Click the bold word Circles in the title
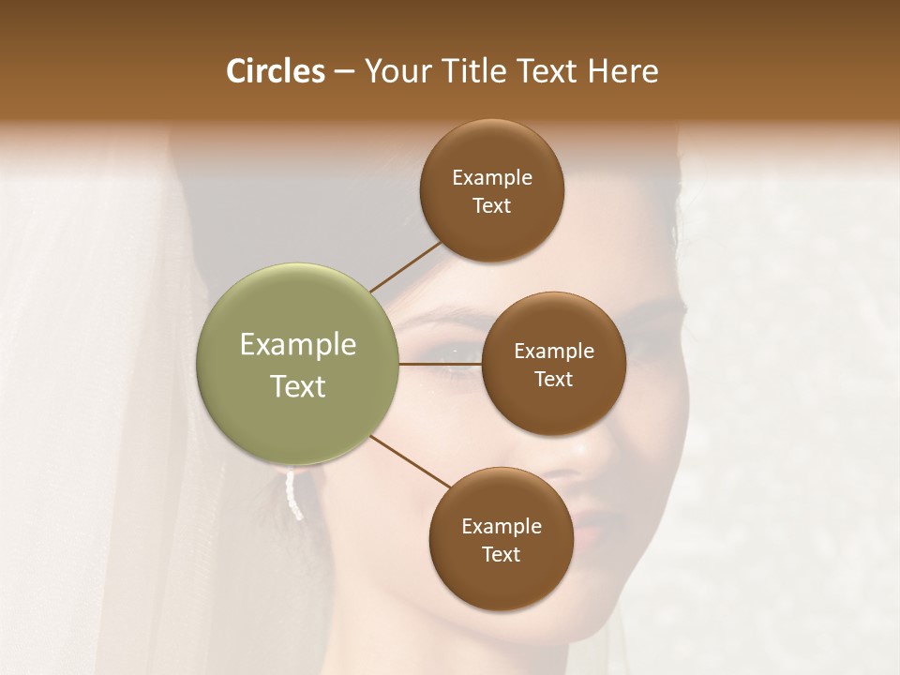(x=275, y=71)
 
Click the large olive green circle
(x=298, y=364)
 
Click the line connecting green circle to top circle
(x=405, y=265)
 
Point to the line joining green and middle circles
(x=440, y=364)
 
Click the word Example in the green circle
(x=298, y=344)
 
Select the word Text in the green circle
(x=298, y=385)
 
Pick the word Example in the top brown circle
(x=491, y=177)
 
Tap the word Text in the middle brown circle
(x=553, y=379)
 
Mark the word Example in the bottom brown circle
(x=501, y=526)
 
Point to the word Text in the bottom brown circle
(x=501, y=554)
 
